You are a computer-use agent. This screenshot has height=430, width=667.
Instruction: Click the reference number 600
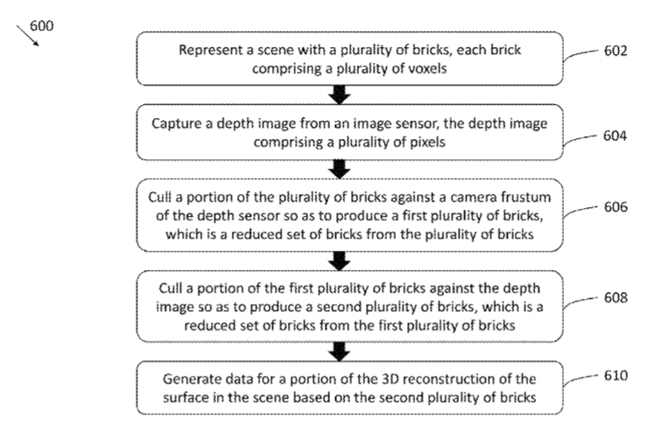click(x=41, y=25)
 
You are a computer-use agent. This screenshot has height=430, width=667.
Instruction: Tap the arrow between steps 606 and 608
click(x=342, y=260)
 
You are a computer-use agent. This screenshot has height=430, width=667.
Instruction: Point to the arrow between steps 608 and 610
click(x=342, y=351)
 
